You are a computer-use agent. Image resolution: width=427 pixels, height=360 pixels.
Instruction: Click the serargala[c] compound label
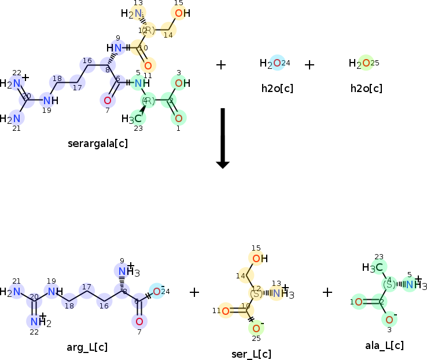[97, 143]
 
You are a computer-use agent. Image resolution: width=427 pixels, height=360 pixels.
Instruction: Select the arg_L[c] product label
[87, 347]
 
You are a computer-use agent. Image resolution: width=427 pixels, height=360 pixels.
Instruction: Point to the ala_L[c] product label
[384, 346]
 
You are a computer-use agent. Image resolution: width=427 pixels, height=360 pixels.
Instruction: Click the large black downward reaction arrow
[223, 139]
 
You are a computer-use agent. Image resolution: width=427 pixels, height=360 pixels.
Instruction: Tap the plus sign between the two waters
[310, 64]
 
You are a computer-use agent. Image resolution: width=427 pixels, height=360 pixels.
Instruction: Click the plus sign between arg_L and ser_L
[194, 292]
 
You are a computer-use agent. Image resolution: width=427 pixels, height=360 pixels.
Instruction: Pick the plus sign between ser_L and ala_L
[327, 292]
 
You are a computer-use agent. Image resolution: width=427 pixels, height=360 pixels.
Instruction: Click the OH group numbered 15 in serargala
[181, 13]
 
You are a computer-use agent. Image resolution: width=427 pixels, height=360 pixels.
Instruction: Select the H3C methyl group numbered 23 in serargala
[132, 119]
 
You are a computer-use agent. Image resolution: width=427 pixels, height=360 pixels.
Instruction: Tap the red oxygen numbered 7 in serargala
[107, 100]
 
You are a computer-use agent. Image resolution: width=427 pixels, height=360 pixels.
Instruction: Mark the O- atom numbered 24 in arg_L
[157, 291]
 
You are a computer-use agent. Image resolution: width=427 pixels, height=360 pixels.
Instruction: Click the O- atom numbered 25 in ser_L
[256, 328]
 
